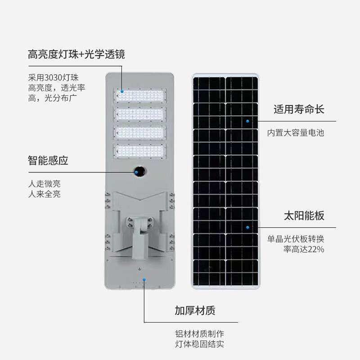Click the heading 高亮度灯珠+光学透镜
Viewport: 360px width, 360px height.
click(x=76, y=55)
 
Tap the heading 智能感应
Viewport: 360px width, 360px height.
click(x=48, y=161)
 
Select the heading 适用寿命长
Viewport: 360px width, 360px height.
click(x=299, y=109)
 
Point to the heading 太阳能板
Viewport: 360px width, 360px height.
click(x=304, y=216)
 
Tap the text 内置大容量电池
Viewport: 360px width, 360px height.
click(x=296, y=133)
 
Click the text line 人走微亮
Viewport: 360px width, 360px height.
click(x=44, y=184)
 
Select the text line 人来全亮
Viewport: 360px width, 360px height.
click(x=44, y=194)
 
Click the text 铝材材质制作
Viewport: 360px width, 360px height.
click(x=199, y=334)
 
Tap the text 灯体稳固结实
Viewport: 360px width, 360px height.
click(x=199, y=345)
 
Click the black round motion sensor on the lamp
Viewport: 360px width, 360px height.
click(x=139, y=171)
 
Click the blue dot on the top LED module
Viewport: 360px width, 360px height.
click(x=122, y=91)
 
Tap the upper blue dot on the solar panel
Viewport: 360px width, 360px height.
click(x=247, y=121)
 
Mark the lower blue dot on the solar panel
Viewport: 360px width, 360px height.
click(x=247, y=227)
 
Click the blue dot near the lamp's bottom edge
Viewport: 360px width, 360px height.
click(x=144, y=279)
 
